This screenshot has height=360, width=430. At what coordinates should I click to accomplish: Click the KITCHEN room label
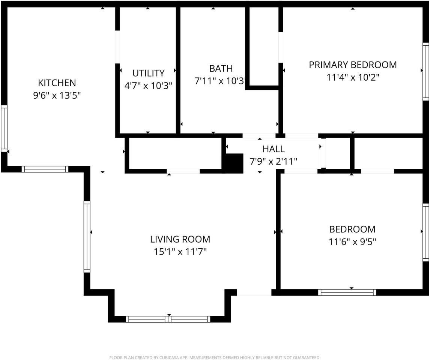57,83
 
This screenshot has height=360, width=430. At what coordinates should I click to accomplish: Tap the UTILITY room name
148,73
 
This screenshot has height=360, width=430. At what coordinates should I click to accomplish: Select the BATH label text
221,68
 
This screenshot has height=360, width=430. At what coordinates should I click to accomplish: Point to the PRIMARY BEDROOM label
353,65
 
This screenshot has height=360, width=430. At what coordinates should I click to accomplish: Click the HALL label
274,149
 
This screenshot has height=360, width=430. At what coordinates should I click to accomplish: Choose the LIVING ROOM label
180,239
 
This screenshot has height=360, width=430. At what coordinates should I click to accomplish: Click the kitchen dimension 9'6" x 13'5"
57,96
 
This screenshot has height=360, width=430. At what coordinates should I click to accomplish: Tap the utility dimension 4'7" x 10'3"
148,86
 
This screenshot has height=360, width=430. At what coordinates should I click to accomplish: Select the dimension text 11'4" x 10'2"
353,78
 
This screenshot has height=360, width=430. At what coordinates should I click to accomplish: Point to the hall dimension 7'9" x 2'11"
274,161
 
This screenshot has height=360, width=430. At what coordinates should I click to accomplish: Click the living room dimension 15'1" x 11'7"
180,252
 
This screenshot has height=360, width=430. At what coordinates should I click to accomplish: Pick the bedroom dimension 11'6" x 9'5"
352,241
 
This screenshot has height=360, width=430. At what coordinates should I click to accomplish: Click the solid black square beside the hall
234,163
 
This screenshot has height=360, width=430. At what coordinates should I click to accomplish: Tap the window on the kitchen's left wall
4,129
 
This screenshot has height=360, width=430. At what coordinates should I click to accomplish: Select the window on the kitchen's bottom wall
45,169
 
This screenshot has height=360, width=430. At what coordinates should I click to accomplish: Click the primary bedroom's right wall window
425,72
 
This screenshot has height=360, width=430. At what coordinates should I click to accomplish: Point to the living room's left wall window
87,237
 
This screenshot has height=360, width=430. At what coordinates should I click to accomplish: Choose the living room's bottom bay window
168,319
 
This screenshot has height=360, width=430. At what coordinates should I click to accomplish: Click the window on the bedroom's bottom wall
347,292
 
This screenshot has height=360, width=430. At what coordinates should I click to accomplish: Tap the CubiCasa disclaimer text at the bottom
215,357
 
